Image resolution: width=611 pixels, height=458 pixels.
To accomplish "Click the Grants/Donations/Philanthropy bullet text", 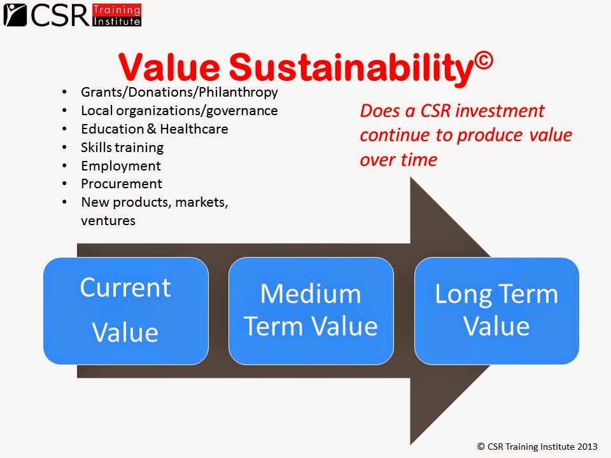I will point(179,92).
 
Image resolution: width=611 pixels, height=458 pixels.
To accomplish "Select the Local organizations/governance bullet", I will point(179,111).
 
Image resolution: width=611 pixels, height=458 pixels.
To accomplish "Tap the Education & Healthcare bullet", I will point(154,129).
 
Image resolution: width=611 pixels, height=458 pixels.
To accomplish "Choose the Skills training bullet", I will point(122,148).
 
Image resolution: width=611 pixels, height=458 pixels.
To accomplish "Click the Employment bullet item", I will point(121,166).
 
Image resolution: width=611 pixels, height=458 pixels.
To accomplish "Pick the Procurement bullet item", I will point(122,184).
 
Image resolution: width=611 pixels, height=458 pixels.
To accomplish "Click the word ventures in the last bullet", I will point(108,221).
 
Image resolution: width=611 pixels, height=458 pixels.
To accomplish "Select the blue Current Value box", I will point(125,310).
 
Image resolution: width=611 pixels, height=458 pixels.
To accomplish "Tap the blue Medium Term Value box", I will point(311,310).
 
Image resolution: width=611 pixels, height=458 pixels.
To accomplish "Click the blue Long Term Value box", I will point(496,310).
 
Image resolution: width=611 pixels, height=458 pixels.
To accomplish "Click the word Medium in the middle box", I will point(311,295).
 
